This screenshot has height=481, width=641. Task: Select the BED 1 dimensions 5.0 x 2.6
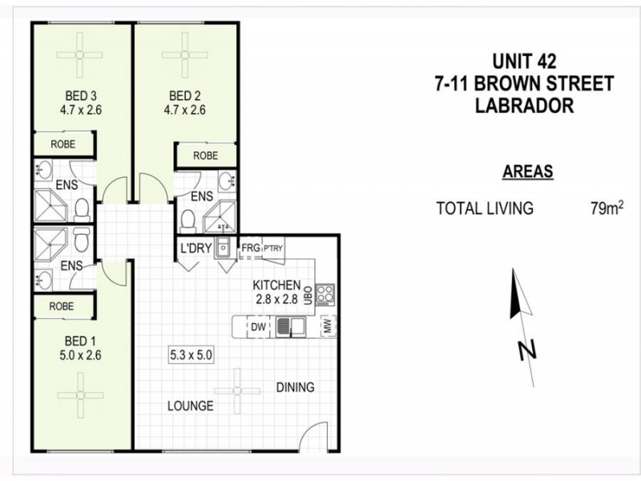tap(82, 354)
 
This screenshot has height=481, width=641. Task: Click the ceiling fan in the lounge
tap(238, 392)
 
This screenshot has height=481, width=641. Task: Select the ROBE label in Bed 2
tap(205, 156)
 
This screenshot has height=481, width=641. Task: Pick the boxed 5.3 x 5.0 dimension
tap(191, 354)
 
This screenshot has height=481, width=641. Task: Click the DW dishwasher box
tap(259, 327)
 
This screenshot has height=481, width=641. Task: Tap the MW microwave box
tap(327, 326)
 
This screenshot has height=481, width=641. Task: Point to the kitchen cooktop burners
tap(325, 294)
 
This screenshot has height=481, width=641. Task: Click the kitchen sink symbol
tap(289, 327)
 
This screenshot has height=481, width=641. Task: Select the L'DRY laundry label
tap(196, 249)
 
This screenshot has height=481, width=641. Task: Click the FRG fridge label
tap(251, 249)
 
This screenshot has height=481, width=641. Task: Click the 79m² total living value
tap(607, 209)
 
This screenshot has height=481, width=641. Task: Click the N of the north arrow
tap(526, 350)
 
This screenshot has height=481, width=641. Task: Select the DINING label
tap(296, 387)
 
